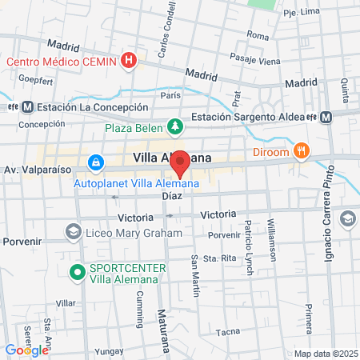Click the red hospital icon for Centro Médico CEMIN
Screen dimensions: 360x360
[129, 60]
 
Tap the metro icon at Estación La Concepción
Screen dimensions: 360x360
[28, 107]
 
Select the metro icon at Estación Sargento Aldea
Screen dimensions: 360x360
[326, 117]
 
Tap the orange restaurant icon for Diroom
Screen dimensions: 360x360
[301, 149]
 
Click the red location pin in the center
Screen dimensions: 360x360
[181, 162]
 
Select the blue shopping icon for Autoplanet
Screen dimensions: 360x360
[96, 163]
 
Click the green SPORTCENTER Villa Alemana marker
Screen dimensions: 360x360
[78, 272]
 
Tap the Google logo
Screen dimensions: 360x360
[26, 350]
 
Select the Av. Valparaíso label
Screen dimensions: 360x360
[34, 170]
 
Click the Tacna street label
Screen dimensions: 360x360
[230, 331]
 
